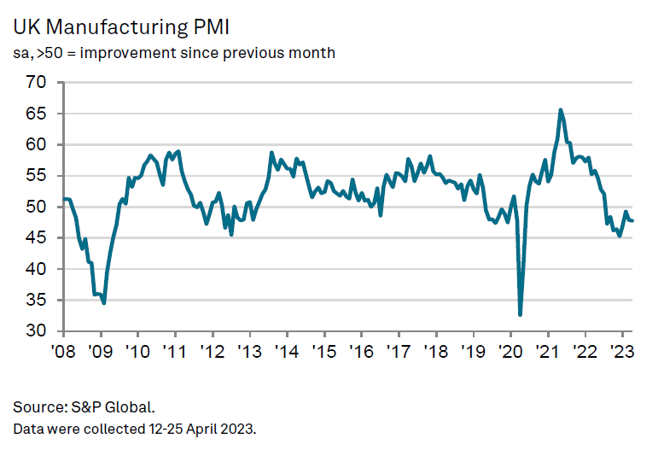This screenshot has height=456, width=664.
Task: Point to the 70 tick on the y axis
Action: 37,83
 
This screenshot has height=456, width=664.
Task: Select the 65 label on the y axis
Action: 37,114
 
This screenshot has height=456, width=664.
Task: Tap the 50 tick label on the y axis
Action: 37,207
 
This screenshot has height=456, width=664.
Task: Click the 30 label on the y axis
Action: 37,331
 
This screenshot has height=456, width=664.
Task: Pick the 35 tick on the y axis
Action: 37,301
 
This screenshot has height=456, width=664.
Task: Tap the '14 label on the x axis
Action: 286,352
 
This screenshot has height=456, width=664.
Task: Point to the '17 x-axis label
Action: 399,352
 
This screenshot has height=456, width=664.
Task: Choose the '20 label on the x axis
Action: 510,352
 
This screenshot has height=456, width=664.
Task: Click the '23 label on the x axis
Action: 622,352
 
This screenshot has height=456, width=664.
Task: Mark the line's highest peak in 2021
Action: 561,110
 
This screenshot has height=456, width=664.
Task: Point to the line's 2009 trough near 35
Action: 104,303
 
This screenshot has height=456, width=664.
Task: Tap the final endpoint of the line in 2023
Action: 632,221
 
